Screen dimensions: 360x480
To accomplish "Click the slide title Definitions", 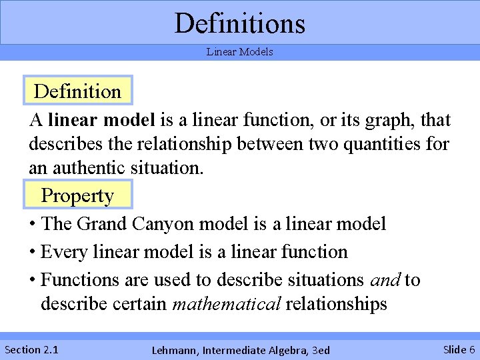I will (240, 23).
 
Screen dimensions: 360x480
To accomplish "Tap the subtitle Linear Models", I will (240, 52).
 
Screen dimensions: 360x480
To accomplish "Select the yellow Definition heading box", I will (77, 91).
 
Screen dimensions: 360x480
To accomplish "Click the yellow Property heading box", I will (77, 195).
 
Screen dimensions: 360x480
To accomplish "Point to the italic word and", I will (385, 280).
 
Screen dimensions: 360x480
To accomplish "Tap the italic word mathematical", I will (226, 304).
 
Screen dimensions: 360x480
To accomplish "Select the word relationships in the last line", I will (336, 304).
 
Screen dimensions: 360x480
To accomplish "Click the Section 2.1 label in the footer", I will (31, 349).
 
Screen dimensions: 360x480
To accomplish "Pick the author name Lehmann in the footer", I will (175, 350).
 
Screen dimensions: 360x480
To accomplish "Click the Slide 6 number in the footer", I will (459, 349).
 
